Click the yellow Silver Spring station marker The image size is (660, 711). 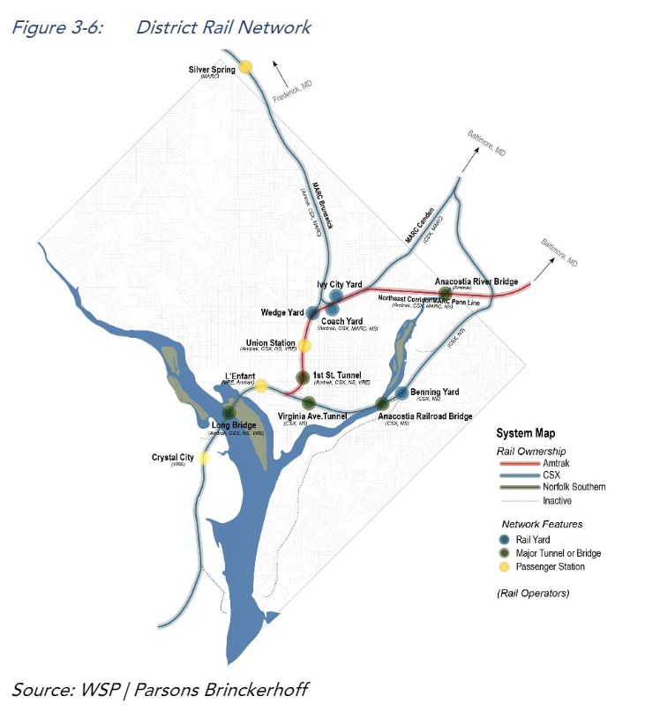click(x=245, y=66)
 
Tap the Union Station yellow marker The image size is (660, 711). click(x=304, y=346)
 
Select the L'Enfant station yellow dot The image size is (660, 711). click(x=261, y=385)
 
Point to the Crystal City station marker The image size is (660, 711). click(x=205, y=458)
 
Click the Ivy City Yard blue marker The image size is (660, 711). click(x=336, y=296)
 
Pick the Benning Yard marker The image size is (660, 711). click(x=401, y=393)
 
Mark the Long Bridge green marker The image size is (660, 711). click(x=229, y=412)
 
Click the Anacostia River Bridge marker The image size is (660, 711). click(x=446, y=293)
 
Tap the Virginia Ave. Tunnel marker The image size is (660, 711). click(x=309, y=403)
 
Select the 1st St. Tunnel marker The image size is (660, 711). click(x=302, y=378)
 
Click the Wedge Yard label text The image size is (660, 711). click(x=282, y=313)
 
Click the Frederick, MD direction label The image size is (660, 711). click(x=293, y=88)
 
